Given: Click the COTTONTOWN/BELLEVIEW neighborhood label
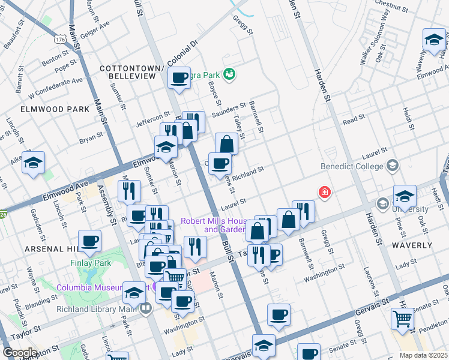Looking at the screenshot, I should (131, 73).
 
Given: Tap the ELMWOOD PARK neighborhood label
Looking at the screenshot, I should (46, 109).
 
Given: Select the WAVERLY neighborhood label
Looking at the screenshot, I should (412, 245).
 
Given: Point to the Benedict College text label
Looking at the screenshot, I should (353, 166).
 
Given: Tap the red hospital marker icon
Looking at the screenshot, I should (325, 192).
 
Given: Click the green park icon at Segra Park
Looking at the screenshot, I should (228, 75).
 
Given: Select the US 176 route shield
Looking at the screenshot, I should (59, 39).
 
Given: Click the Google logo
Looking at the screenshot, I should (20, 352).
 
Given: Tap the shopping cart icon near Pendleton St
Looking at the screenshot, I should (402, 318).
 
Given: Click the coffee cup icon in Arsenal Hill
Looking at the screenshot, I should (90, 241).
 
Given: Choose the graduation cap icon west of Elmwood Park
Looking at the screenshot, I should (34, 163).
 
